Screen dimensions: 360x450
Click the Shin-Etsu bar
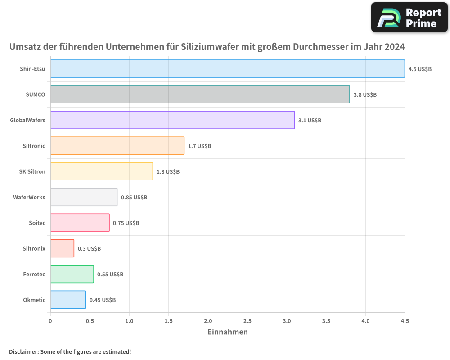pyautogui.click(x=227, y=69)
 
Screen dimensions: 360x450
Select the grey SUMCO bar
pyautogui.click(x=200, y=94)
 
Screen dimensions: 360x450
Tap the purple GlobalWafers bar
pyautogui.click(x=172, y=120)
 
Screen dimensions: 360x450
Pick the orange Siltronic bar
pyautogui.click(x=117, y=146)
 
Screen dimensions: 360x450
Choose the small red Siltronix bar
pyautogui.click(x=62, y=248)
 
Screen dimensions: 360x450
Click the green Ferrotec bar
pyautogui.click(x=72, y=274)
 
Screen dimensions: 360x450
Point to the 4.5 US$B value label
pyautogui.click(x=420, y=69)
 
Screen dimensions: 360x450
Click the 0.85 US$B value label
pyautogui.click(x=134, y=198)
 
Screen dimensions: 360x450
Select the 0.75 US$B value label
pyautogui.click(x=126, y=223)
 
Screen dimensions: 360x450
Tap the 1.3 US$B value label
pyautogui.click(x=168, y=172)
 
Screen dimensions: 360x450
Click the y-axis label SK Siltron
pyautogui.click(x=32, y=171)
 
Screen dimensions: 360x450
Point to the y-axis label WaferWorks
pyautogui.click(x=29, y=197)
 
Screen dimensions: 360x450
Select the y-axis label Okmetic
pyautogui.click(x=34, y=300)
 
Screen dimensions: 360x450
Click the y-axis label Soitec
pyautogui.click(x=36, y=223)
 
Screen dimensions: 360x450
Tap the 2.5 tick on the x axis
pyautogui.click(x=247, y=321)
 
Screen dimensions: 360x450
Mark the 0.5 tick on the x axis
pyautogui.click(x=90, y=321)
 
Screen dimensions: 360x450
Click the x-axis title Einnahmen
pyautogui.click(x=227, y=332)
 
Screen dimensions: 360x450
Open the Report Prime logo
pyautogui.click(x=409, y=18)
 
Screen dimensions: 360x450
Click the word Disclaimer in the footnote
pyautogui.click(x=23, y=351)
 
